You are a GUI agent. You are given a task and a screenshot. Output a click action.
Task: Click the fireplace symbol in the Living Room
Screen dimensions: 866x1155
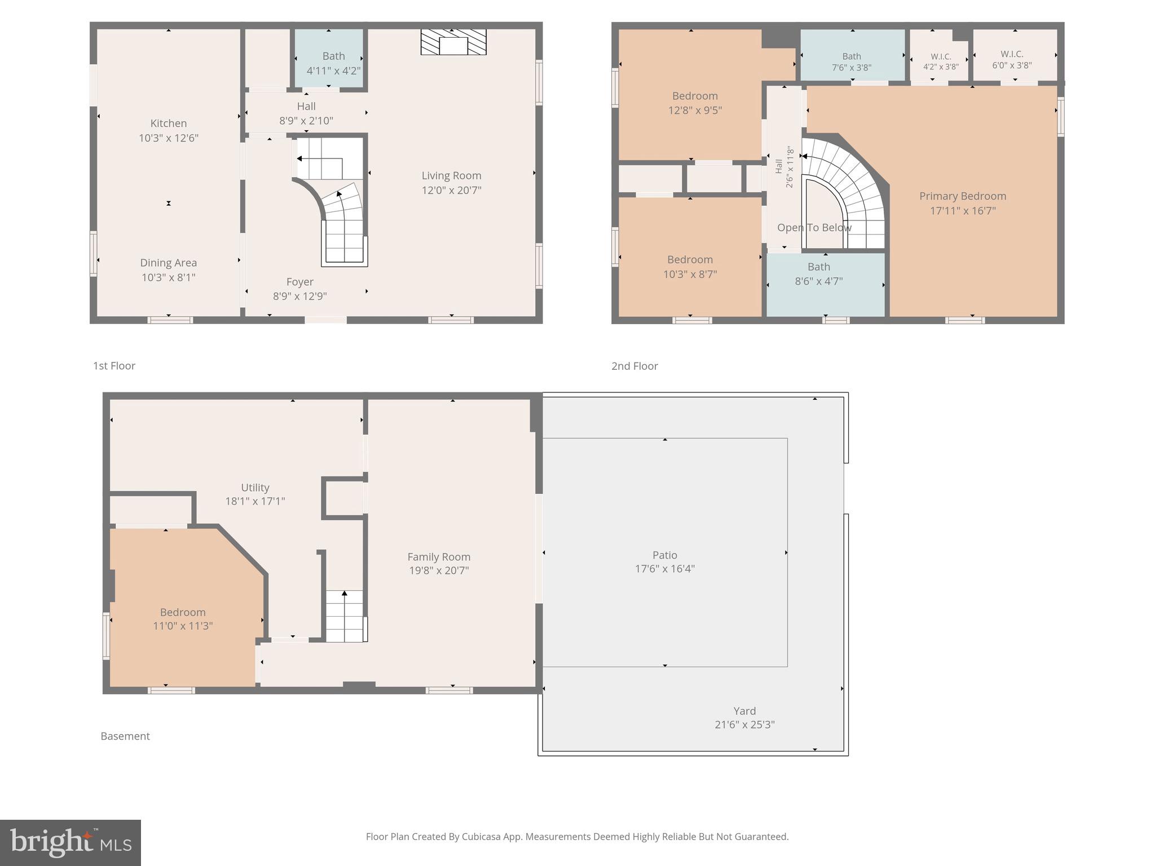point(453,42)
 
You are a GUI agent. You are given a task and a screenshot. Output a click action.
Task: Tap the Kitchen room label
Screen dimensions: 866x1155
point(168,123)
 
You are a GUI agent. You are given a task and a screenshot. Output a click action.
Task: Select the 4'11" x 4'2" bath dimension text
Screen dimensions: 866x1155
point(333,70)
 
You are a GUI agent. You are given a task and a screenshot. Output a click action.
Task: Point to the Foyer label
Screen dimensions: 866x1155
point(299,282)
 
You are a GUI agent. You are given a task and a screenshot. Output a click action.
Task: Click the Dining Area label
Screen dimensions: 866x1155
point(168,263)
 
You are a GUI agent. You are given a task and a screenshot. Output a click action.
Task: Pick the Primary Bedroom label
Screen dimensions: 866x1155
point(962,196)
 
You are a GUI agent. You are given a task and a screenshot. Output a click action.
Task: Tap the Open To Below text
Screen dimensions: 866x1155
point(814,228)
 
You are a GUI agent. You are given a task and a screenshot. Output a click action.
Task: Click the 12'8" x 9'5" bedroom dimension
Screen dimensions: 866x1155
point(695,111)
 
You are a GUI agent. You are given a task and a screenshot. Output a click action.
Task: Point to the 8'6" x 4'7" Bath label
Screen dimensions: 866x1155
point(818,267)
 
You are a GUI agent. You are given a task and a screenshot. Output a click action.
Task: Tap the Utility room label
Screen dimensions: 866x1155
point(255,488)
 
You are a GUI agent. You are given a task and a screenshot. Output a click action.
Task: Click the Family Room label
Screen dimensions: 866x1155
point(439,557)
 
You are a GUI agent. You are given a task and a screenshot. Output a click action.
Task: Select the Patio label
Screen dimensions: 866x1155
point(664,555)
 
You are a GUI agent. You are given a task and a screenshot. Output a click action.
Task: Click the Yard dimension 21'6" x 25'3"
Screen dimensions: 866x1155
point(744,725)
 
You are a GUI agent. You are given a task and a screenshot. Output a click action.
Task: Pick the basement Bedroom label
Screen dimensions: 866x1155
point(182,612)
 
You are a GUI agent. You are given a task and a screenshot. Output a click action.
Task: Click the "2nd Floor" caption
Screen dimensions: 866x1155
point(634,366)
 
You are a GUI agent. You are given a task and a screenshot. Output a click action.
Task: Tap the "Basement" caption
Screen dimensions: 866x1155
point(125,736)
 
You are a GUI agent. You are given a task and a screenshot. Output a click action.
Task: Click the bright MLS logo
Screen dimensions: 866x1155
point(70,842)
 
